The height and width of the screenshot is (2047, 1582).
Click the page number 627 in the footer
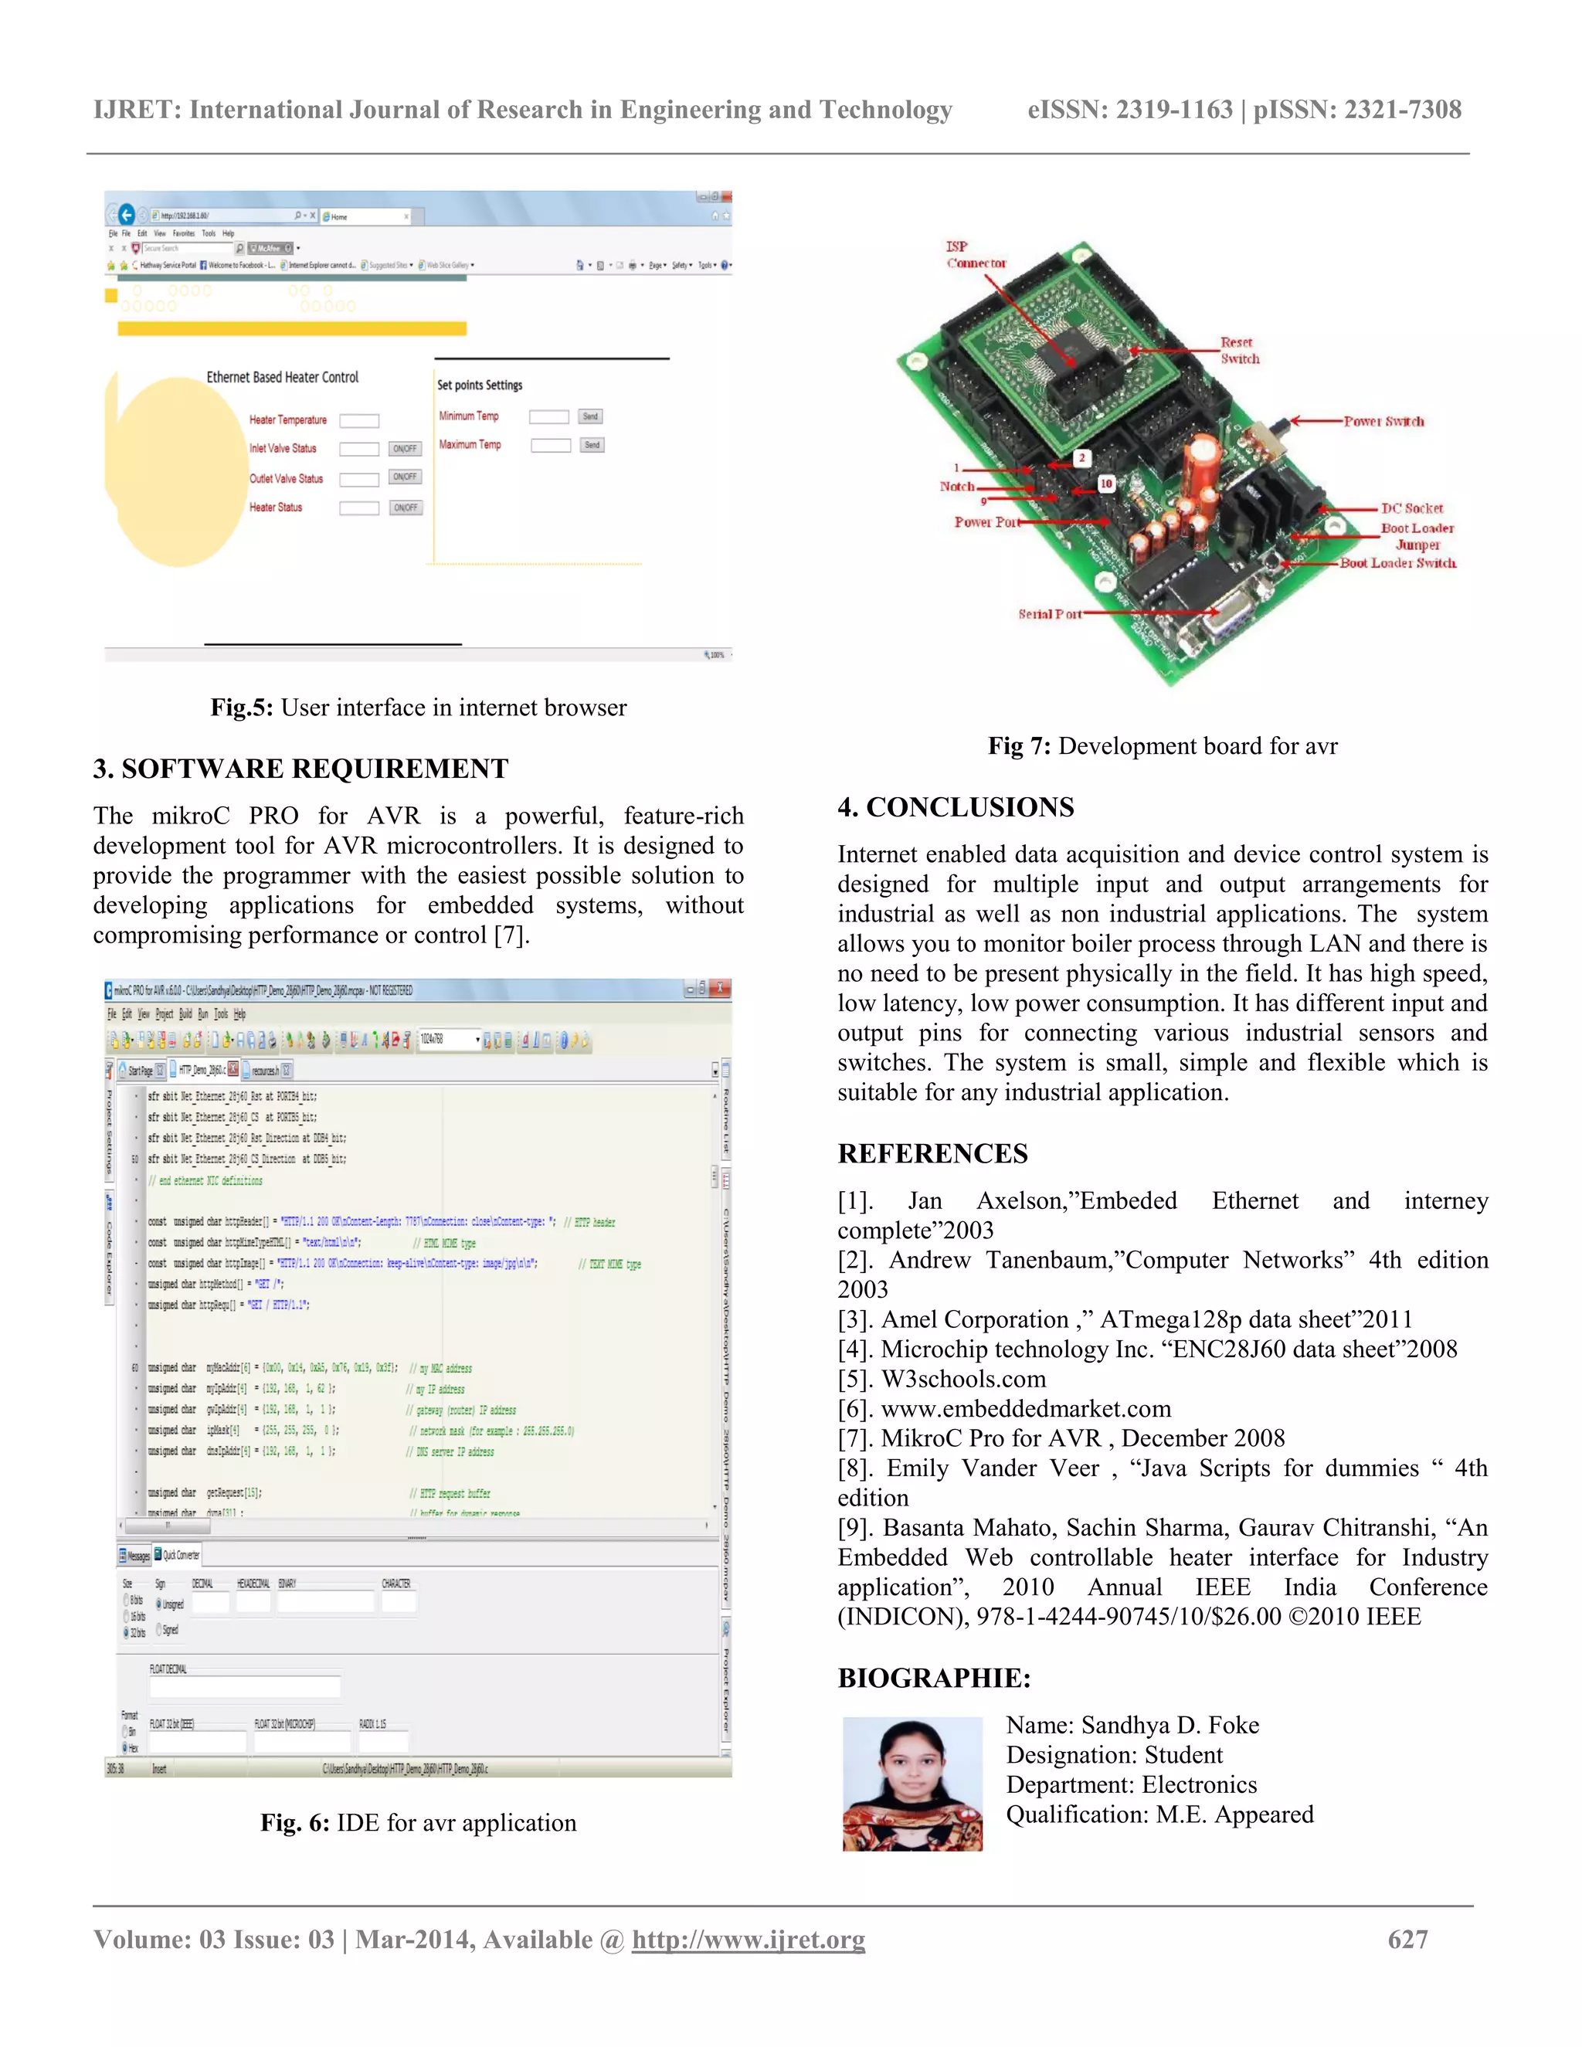coord(1407,1939)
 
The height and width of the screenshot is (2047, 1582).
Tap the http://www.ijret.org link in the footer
coord(748,1939)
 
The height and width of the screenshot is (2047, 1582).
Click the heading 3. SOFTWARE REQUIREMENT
coord(300,769)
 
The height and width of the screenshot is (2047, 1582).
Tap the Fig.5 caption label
coord(241,708)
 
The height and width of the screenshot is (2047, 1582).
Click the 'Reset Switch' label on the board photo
coord(1239,351)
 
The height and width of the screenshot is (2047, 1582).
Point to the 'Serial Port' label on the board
coord(1050,614)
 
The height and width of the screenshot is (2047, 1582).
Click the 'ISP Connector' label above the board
coord(975,255)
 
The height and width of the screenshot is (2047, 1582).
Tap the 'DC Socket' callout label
coord(1411,508)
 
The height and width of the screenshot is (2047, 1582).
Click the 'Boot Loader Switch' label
coord(1397,563)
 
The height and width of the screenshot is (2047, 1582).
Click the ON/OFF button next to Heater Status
coord(406,508)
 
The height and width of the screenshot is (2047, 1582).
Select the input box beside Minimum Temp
coord(549,417)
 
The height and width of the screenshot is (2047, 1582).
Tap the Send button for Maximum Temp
coord(592,445)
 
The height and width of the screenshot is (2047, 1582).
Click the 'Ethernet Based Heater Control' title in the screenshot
coord(282,378)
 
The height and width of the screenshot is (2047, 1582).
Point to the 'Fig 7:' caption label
coord(1019,746)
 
